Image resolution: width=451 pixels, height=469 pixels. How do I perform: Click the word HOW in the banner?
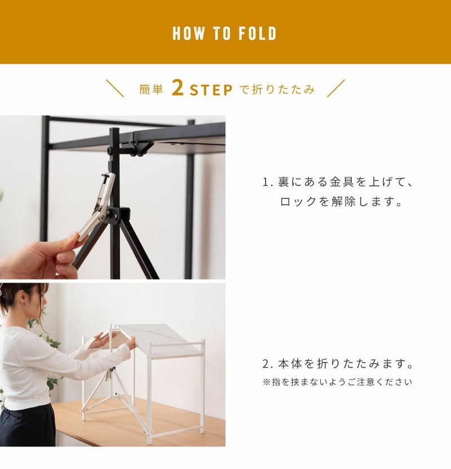(188, 33)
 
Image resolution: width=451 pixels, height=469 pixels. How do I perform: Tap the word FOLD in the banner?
(258, 33)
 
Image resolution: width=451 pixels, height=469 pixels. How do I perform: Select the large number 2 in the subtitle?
(178, 89)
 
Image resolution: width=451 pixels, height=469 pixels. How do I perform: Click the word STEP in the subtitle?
(211, 90)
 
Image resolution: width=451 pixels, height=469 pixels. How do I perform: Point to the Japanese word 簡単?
(151, 90)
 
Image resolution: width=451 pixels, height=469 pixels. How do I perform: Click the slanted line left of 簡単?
(115, 89)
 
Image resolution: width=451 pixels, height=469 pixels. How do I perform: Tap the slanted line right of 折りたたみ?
(336, 89)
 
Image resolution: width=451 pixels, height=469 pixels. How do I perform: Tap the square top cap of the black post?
(114, 130)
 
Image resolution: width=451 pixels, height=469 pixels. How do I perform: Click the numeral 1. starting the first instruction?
(267, 182)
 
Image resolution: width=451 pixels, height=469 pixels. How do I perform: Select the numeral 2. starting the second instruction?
(267, 364)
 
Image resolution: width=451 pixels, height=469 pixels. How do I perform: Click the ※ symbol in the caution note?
(267, 382)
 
